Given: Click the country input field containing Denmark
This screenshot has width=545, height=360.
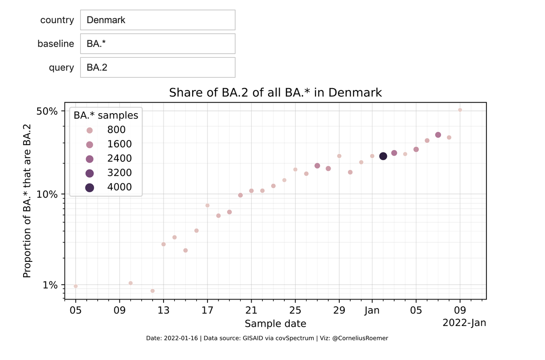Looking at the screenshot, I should pos(158,20).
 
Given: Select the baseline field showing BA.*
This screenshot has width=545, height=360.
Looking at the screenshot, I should pos(158,44).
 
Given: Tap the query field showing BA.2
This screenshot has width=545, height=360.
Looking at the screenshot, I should pos(158,67).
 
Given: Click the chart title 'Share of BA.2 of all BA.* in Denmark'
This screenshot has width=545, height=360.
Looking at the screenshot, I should pos(275,93).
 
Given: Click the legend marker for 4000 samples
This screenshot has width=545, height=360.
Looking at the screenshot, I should pos(89,187).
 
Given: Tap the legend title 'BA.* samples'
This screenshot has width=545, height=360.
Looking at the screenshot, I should pos(106,115).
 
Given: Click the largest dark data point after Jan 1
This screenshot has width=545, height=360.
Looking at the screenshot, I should pos(383,156).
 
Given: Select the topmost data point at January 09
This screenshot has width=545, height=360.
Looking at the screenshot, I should pos(460,110).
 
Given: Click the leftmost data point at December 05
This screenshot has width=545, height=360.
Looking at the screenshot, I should pos(76,286).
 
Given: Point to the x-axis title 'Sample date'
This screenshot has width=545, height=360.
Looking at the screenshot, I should pos(275,324).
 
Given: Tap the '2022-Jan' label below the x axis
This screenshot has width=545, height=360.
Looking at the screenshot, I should pos(464,323).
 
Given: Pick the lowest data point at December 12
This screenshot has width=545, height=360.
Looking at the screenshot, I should pos(153,291).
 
